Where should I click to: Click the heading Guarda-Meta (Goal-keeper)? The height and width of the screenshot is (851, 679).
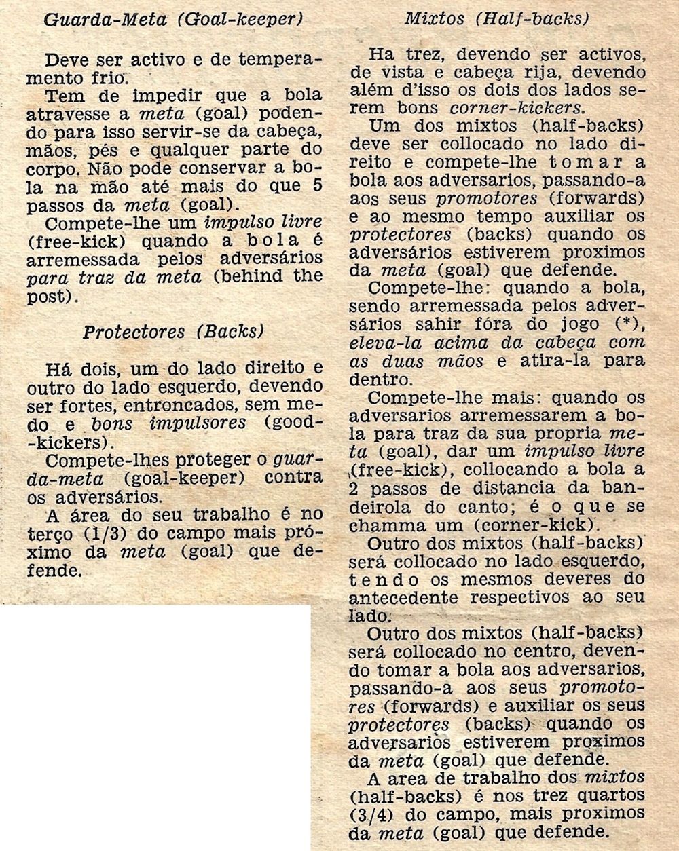pyautogui.click(x=172, y=19)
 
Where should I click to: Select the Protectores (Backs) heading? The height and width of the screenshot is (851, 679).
pyautogui.click(x=172, y=332)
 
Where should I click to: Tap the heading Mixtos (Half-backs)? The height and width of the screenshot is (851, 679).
pyautogui.click(x=496, y=18)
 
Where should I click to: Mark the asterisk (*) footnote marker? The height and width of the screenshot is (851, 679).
pyautogui.click(x=625, y=324)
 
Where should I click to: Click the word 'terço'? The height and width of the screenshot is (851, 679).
pyautogui.click(x=48, y=533)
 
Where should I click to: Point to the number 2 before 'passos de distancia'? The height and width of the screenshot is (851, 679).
pyautogui.click(x=354, y=488)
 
